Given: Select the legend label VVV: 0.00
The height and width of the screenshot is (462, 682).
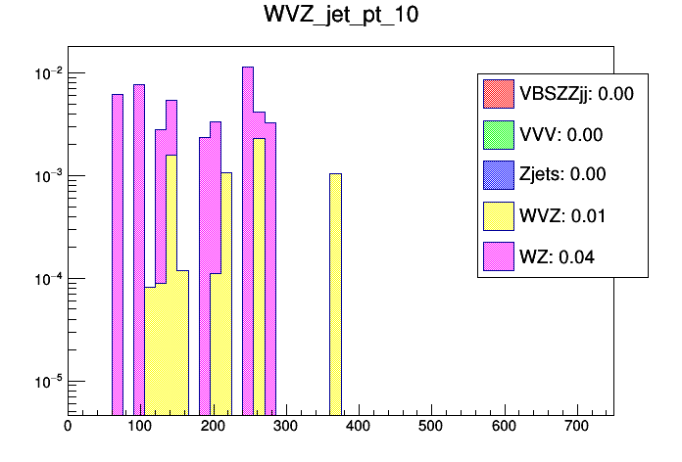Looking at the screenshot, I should coord(560,135).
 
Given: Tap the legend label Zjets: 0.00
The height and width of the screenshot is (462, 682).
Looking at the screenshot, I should coord(563,175).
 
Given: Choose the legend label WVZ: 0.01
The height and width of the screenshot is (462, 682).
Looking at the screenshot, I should coord(561,215).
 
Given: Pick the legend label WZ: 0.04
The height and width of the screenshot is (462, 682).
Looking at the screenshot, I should coord(557,256).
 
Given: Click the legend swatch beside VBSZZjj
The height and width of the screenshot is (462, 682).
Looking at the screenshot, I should coord(498,94).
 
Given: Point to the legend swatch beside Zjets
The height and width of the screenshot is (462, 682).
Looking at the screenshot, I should coord(498,175).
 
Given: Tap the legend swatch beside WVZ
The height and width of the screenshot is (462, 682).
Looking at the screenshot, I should coord(498,215).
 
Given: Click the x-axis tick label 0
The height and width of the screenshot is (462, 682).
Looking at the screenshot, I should coord(67,426).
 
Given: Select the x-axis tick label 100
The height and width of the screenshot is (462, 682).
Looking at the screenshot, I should coord(139,426).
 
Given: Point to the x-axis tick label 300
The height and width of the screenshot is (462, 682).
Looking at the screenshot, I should coord(285,426).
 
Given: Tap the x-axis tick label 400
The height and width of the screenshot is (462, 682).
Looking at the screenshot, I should coord(358,426).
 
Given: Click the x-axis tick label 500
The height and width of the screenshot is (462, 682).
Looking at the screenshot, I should coord(431,426).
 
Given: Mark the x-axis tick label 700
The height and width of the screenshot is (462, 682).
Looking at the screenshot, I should coord(577,426).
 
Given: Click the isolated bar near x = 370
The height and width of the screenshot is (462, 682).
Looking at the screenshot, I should coord(335,294).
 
